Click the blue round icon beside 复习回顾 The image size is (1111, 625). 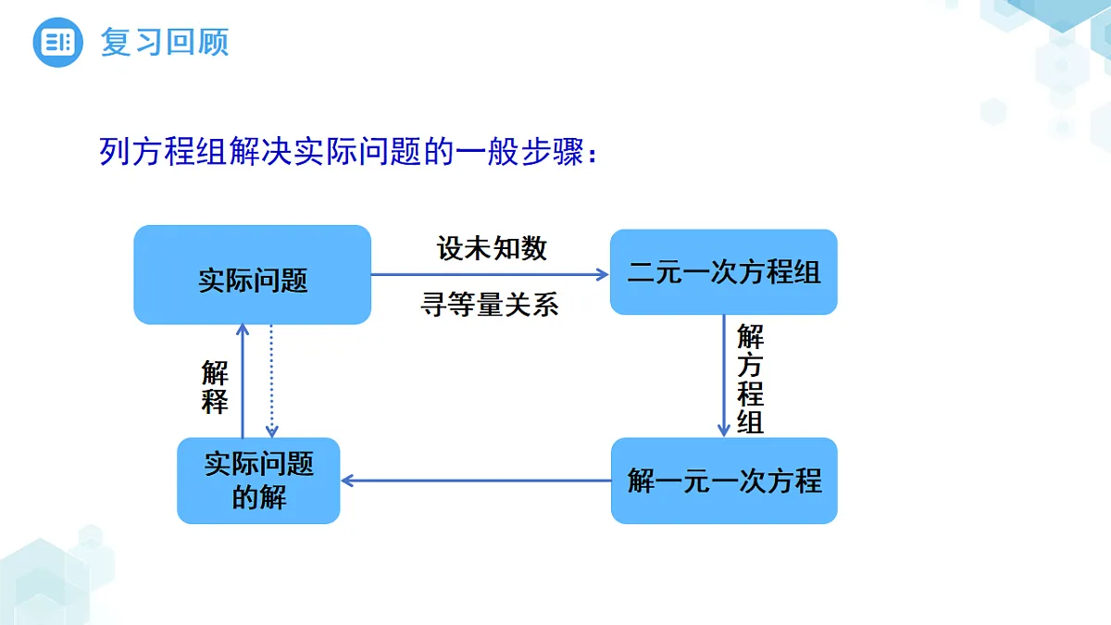(x=57, y=43)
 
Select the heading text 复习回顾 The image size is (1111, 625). (x=165, y=43)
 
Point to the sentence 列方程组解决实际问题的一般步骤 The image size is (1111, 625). (x=342, y=151)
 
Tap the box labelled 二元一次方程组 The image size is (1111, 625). (x=724, y=272)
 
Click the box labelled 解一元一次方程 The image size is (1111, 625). (x=724, y=481)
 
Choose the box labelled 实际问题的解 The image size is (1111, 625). (x=258, y=481)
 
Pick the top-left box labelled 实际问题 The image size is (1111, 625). (x=253, y=275)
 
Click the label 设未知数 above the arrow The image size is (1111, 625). (x=492, y=248)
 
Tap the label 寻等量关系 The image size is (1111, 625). (x=490, y=304)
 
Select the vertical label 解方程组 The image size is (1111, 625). (x=750, y=379)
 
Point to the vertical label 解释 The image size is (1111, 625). (x=215, y=387)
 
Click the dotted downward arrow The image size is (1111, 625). (x=271, y=381)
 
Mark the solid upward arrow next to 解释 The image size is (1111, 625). (x=243, y=381)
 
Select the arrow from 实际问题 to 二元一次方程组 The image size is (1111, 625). (x=490, y=274)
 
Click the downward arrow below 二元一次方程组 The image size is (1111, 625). (x=724, y=376)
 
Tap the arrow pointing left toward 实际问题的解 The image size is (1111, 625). (x=476, y=481)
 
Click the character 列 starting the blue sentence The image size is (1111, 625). (x=115, y=151)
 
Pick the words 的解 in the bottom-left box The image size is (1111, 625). (x=259, y=497)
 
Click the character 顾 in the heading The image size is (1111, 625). (x=213, y=43)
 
